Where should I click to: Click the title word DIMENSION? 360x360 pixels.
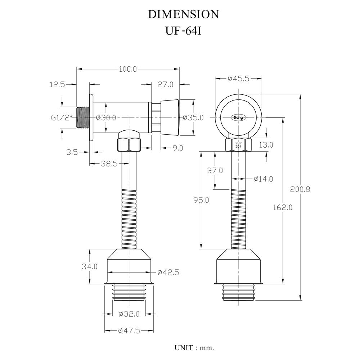[183, 14]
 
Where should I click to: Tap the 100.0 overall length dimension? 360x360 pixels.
[128, 69]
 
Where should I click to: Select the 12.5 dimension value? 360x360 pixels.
[57, 85]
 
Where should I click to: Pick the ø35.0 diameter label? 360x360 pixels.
[193, 118]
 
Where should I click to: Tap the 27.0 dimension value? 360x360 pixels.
[166, 85]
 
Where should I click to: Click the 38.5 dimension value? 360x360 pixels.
[109, 163]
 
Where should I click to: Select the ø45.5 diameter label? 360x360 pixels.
[238, 79]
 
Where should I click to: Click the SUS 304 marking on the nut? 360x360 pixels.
[238, 145]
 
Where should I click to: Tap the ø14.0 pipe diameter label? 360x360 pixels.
[263, 179]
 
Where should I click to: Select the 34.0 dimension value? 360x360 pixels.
[90, 267]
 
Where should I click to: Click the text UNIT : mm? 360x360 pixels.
[194, 348]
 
